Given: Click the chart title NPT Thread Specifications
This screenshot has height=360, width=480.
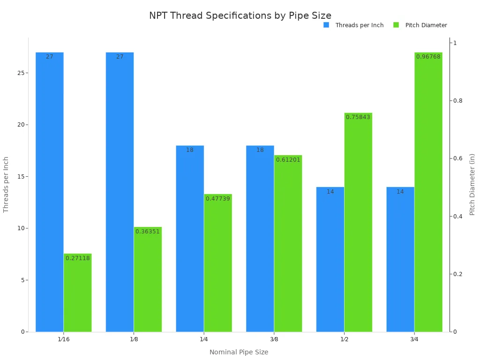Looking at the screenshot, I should click(240, 15).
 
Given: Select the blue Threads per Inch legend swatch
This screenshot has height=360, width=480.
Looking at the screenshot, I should click(326, 25).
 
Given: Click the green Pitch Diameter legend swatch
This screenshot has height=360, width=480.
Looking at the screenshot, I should click(396, 25).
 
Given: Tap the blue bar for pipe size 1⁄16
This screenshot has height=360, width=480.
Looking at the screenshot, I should click(50, 192).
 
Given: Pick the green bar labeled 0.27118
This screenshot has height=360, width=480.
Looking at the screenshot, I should click(78, 293).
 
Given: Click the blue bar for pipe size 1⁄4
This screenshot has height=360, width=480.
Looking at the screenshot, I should click(190, 239).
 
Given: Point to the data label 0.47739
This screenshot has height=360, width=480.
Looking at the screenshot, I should click(218, 199).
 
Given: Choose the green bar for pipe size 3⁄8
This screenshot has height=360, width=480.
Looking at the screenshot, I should click(288, 244).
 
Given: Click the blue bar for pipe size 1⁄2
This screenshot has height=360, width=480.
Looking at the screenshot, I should click(330, 260).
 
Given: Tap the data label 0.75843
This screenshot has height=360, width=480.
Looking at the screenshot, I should click(358, 117).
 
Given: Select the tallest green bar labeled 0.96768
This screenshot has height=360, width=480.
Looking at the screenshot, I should click(428, 192).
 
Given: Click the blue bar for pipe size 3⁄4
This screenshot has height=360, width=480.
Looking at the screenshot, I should click(400, 260).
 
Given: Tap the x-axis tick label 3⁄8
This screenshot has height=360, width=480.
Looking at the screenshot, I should click(274, 339).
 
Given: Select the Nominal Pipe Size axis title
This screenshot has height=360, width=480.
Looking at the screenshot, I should click(239, 352).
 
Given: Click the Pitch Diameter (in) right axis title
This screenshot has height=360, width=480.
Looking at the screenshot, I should click(472, 184).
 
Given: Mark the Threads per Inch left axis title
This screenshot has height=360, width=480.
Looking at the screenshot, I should click(6, 184).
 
